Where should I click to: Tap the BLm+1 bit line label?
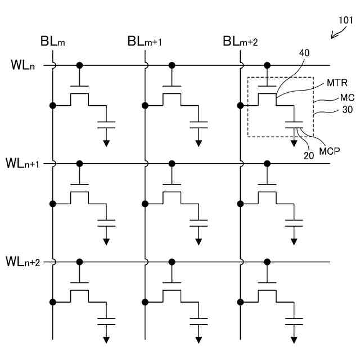pos(145,42)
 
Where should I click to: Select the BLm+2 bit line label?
pos(240,42)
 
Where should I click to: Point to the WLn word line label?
pos(22,65)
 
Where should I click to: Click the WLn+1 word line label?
pos(22,164)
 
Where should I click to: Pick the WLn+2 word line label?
pos(22,262)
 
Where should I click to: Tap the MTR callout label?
pos(337,83)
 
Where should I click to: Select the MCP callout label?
pos(331,151)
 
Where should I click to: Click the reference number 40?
pos(304,52)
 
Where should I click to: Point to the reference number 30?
pos(347,111)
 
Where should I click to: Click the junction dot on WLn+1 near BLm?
pos(80,164)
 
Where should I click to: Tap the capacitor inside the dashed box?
pos(294,124)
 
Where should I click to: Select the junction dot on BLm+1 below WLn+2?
pos(146,302)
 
